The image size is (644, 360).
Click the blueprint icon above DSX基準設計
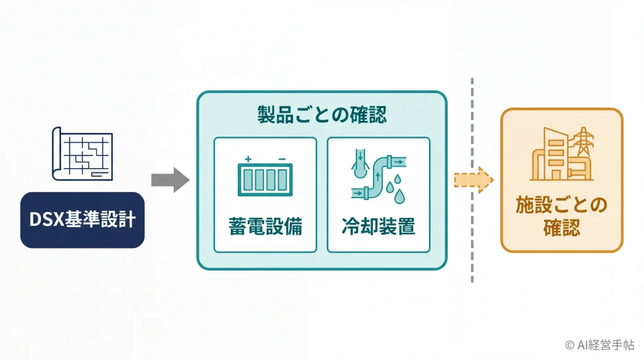tap(82, 154)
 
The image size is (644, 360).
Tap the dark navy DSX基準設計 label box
tap(82, 220)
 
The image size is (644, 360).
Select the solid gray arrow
tap(170, 179)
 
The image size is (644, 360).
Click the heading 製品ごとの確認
tap(321, 115)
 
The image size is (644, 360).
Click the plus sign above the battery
tap(248, 159)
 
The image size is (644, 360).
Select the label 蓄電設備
tap(265, 227)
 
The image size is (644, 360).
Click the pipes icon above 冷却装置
tap(378, 176)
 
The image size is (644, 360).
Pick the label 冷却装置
tap(378, 227)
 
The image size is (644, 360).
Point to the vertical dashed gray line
tap(472, 180)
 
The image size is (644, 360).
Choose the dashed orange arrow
tap(473, 180)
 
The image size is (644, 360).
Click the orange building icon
tap(562, 154)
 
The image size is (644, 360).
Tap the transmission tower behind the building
tap(583, 142)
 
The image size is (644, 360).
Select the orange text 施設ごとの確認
tap(562, 216)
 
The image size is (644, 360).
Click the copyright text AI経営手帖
tap(606, 345)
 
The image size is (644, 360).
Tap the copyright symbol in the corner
tap(570, 345)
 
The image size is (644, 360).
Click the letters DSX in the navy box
tap(47, 220)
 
